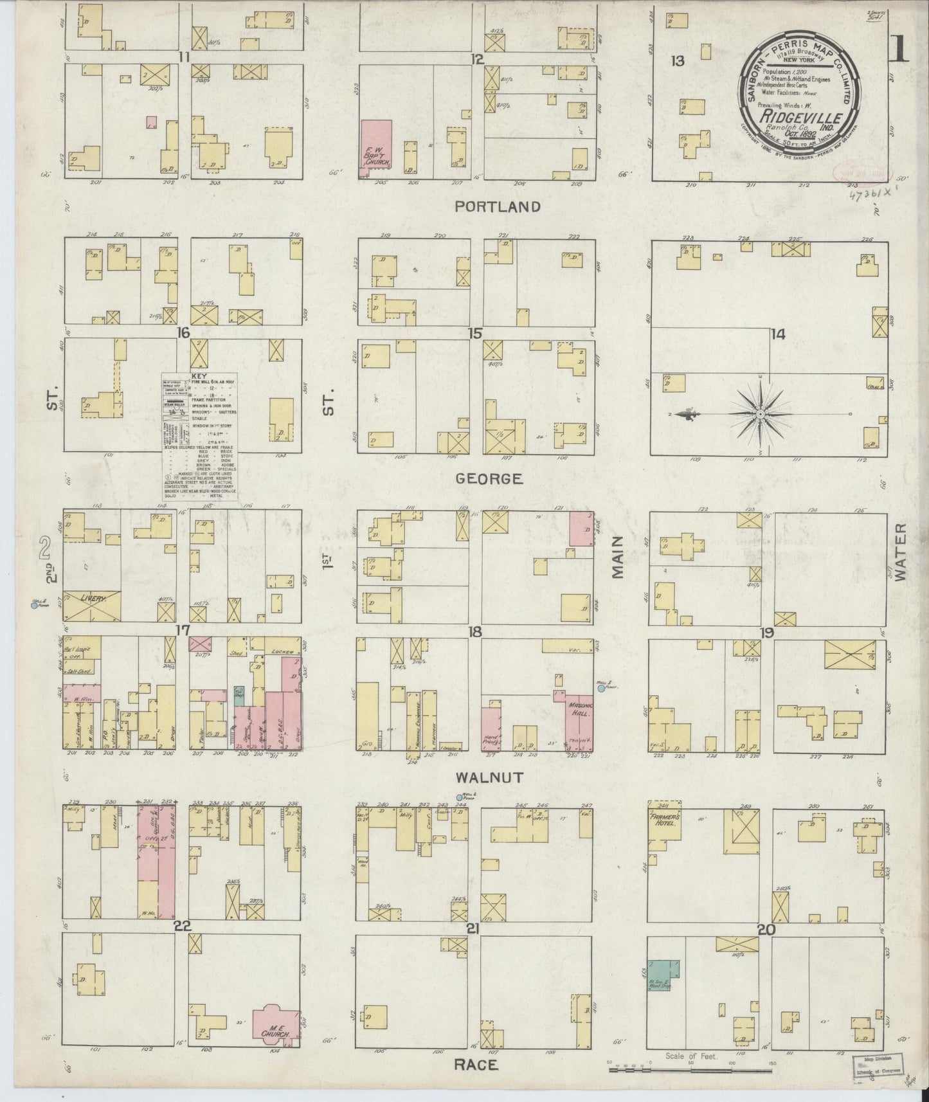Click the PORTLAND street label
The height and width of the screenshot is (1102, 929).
point(498,206)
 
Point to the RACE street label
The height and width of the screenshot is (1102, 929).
point(476,1065)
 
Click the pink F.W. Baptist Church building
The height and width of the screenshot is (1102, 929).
point(377,147)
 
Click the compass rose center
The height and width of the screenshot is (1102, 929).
point(761,415)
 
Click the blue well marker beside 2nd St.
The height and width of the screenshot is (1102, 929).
point(33,604)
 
